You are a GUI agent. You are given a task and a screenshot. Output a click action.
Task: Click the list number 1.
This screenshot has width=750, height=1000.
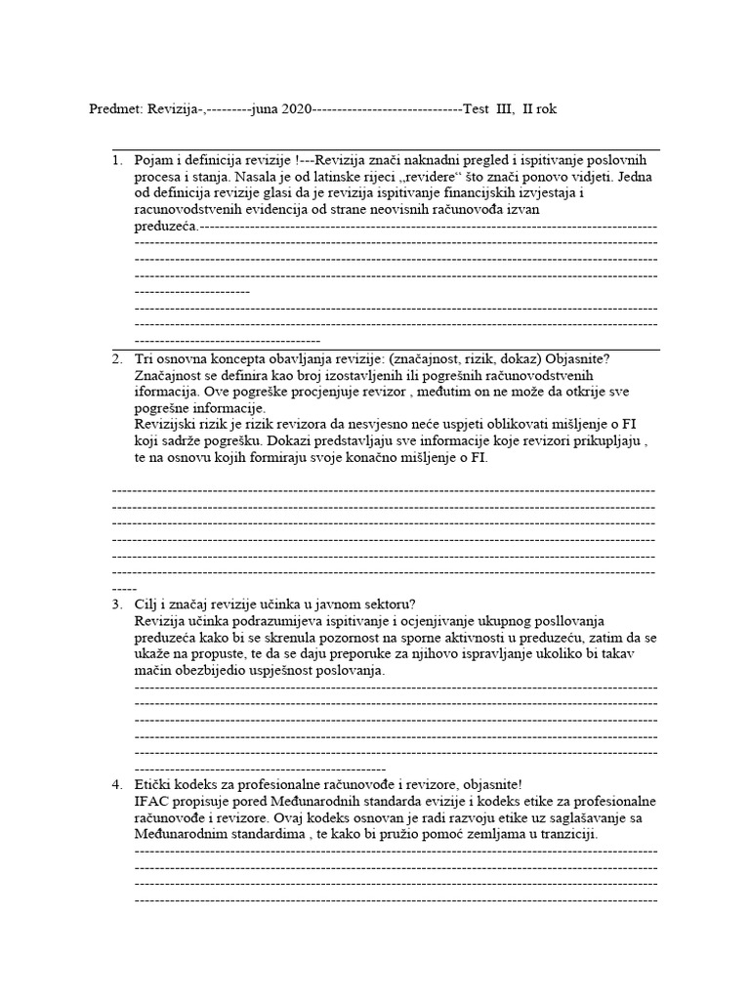pos(116,160)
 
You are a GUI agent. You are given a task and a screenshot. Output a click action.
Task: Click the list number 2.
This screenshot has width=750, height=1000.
pos(116,358)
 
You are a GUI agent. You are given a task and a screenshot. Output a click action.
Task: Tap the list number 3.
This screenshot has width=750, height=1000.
pos(116,604)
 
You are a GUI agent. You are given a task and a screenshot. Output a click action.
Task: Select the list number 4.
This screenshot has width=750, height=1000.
pos(116,784)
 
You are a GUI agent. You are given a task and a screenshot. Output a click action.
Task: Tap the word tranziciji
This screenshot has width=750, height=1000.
pos(562,835)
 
